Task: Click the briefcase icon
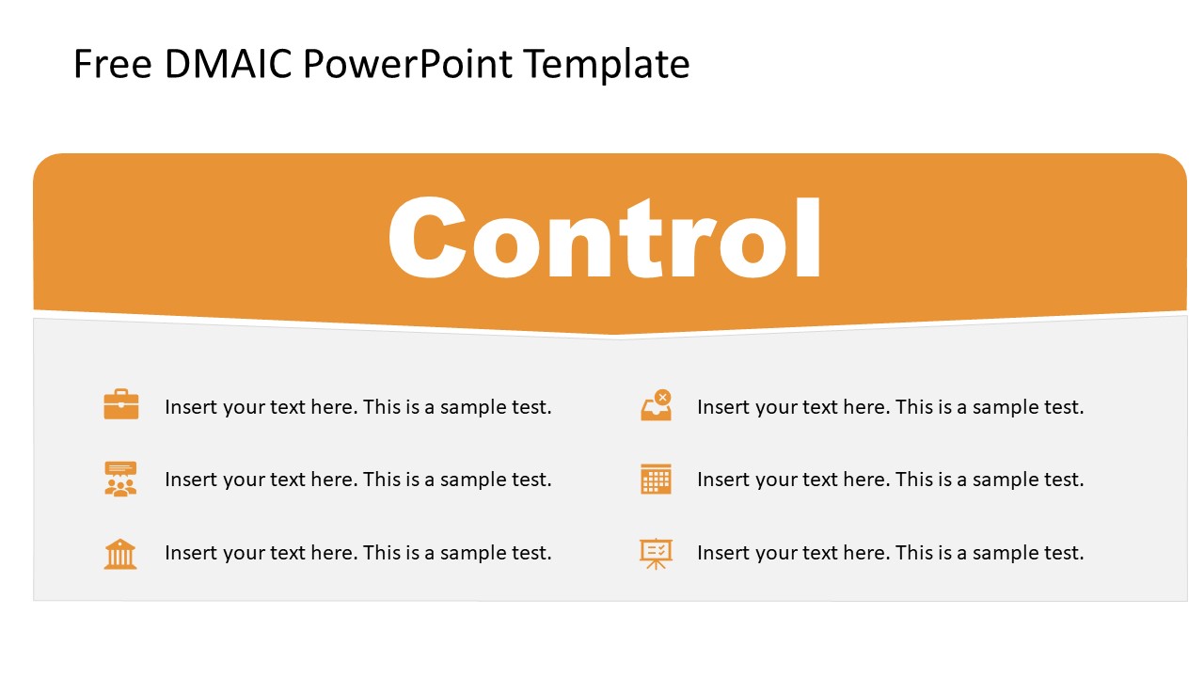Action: tap(121, 405)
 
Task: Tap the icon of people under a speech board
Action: tap(120, 479)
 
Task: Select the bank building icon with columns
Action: tap(120, 553)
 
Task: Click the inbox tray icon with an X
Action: tap(656, 405)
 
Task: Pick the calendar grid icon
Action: tap(656, 479)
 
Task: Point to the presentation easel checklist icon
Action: tap(656, 553)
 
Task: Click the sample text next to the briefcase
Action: tap(357, 407)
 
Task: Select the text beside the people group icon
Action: tap(357, 480)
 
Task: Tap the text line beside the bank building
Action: tap(357, 553)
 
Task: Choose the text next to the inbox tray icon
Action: tap(890, 407)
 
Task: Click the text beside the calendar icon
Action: tap(890, 480)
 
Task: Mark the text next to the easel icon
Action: tap(890, 553)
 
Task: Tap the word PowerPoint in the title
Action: tap(409, 65)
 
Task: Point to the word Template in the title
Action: tap(607, 65)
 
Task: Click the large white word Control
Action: tap(605, 239)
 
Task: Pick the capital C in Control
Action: tap(426, 239)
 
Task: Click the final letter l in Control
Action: tap(811, 239)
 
